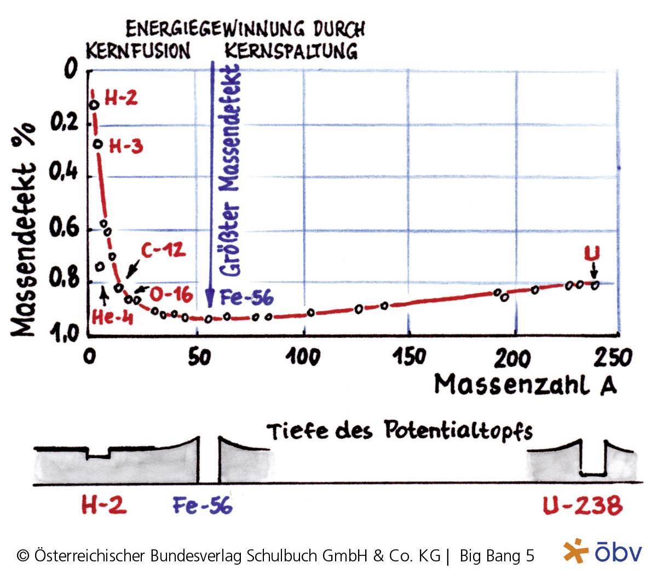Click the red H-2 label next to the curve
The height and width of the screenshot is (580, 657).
coord(120,98)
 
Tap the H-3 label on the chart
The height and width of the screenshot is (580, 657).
coord(126,146)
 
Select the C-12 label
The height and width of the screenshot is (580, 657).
coord(163,251)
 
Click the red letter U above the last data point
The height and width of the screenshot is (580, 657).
coord(592,254)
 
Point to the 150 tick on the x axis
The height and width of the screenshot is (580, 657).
coord(408,357)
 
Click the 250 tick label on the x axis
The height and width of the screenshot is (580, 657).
coord(614,357)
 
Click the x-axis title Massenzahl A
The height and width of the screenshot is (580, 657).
coord(525,384)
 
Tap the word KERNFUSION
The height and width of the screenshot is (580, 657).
coord(138,51)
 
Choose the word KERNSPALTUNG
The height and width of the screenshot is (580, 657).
coord(291,51)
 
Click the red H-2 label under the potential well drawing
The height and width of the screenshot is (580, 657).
coord(104,504)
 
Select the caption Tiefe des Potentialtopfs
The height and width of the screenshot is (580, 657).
coord(400,431)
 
